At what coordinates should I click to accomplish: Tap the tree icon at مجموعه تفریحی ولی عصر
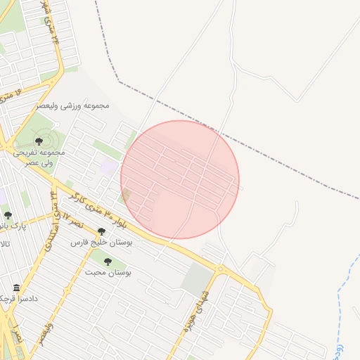39,141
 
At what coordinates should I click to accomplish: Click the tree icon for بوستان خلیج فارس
101,231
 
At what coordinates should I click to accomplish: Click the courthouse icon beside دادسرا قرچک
16,288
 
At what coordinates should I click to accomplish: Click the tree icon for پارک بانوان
8,215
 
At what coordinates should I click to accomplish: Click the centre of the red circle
180,179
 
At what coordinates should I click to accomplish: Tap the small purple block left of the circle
109,167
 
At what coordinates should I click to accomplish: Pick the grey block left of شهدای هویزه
197,280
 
